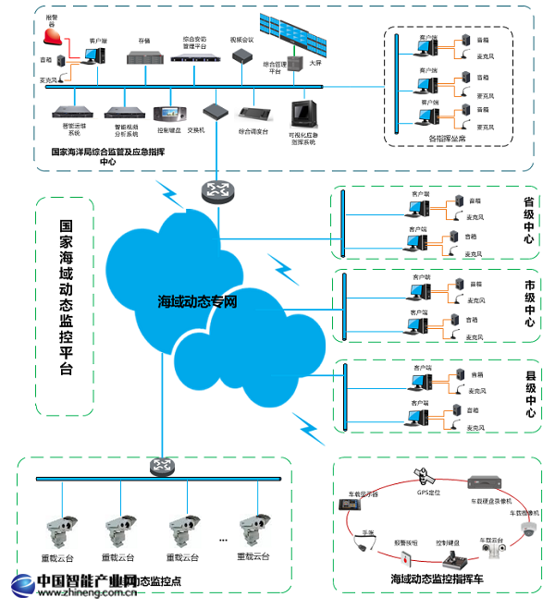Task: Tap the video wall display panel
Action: pyautogui.click(x=295, y=37)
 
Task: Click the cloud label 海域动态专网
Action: pyautogui.click(x=199, y=301)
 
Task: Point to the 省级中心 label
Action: pyautogui.click(x=530, y=220)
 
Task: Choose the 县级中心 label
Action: pyautogui.click(x=530, y=395)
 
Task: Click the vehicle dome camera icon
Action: pyautogui.click(x=527, y=529)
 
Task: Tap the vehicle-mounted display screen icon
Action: pyautogui.click(x=351, y=505)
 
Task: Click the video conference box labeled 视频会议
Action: pyautogui.click(x=242, y=55)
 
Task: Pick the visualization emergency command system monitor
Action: pyautogui.click(x=303, y=115)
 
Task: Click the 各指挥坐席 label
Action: pyautogui.click(x=449, y=139)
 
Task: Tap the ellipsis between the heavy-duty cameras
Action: pyautogui.click(x=223, y=538)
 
